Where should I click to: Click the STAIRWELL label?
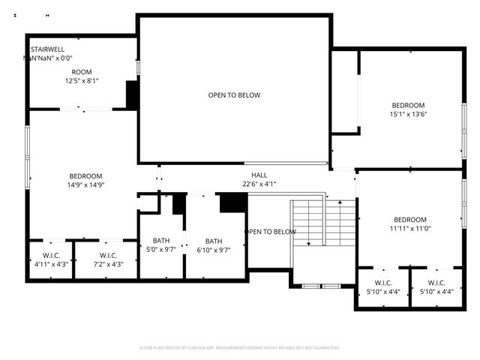[x=44, y=49]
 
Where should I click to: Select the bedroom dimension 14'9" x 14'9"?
[x=85, y=184]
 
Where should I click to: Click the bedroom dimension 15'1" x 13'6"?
[x=408, y=115]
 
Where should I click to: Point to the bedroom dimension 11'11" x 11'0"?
[x=410, y=229]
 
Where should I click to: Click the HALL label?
[x=259, y=175]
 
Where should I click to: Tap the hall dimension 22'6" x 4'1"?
[x=259, y=184]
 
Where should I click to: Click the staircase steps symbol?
[x=322, y=223]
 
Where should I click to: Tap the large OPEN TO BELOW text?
[x=234, y=95]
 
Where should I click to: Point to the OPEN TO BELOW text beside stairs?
[x=271, y=232]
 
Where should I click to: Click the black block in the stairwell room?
[x=132, y=94]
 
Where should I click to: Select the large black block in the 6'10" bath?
[x=232, y=203]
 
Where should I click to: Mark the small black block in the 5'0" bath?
[x=178, y=204]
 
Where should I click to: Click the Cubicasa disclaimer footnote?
[x=240, y=348]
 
